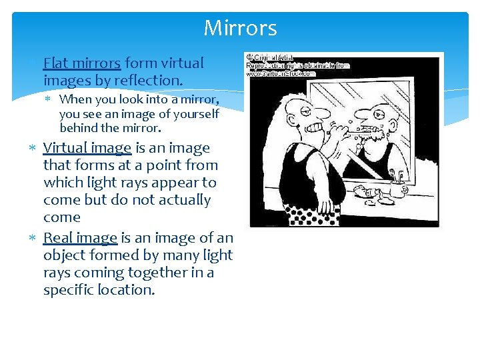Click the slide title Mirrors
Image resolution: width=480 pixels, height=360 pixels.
240,28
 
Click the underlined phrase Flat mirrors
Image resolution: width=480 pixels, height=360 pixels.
82,63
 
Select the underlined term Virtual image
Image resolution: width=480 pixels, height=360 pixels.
87,148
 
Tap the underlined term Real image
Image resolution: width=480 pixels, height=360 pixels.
80,238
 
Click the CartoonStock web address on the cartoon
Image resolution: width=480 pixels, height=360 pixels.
280,74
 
